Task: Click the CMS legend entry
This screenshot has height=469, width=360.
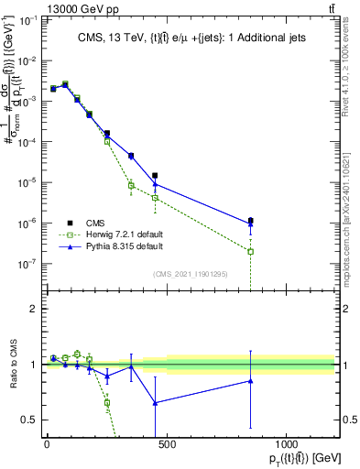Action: pos(94,223)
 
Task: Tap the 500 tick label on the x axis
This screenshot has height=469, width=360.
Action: pos(166,444)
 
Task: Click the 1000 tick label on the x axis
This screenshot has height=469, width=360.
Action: pos(286,444)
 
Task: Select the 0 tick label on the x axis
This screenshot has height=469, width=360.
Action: pos(47,444)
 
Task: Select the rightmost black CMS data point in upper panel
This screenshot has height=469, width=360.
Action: pos(250,220)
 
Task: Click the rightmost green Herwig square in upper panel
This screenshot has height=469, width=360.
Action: pos(250,251)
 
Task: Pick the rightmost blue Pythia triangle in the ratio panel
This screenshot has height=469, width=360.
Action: pos(250,381)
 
